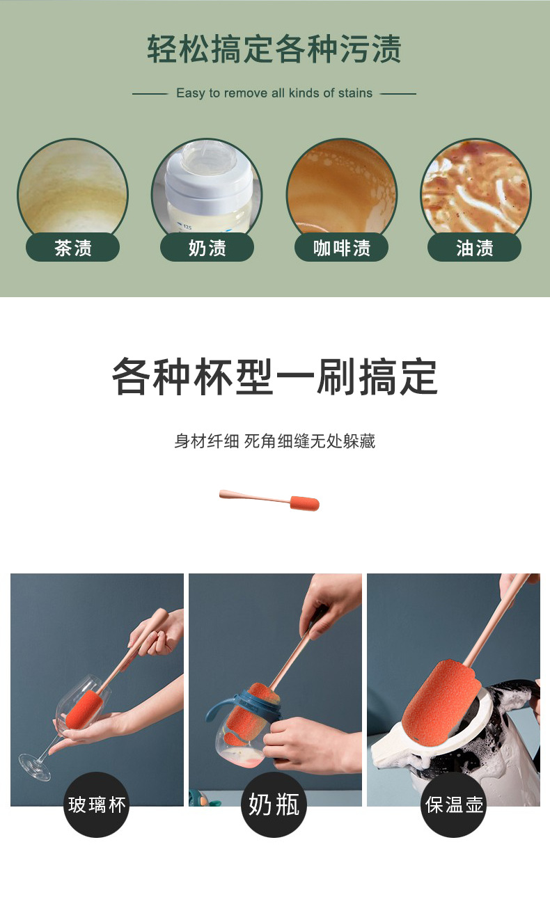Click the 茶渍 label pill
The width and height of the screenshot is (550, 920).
[72, 248]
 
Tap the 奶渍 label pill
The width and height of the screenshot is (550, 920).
[207, 248]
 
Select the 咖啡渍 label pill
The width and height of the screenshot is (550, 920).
[341, 248]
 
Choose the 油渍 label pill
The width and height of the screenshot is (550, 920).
[474, 248]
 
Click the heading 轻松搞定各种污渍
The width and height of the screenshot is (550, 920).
[274, 49]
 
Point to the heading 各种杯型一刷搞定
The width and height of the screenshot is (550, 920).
[274, 376]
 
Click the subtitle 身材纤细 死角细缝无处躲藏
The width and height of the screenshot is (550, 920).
[274, 441]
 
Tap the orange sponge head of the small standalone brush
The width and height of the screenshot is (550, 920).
[304, 502]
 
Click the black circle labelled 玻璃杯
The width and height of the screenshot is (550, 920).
[97, 805]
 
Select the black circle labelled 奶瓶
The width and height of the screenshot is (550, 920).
[274, 805]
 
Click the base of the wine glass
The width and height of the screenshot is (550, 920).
[35, 767]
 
